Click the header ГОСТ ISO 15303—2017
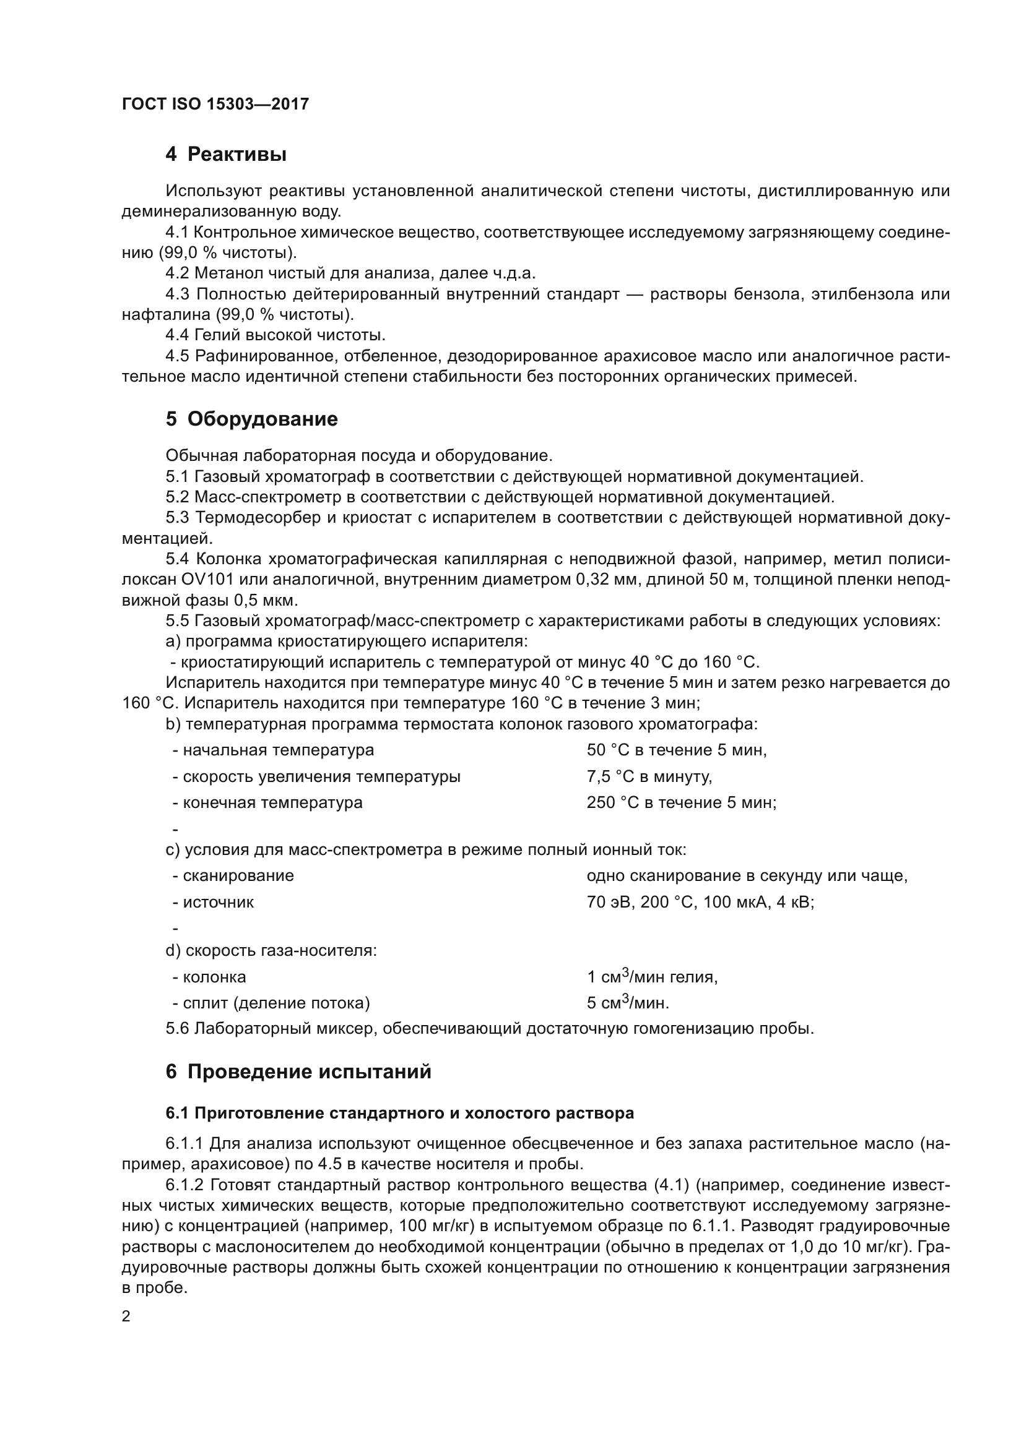215,104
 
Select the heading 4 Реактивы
226,155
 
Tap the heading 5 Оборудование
251,419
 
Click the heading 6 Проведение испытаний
298,1072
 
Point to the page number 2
126,1316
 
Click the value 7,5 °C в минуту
649,776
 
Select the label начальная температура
277,750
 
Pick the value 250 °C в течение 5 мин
681,803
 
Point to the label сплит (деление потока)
276,1003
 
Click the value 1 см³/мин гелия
652,977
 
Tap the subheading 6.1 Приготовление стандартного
399,1114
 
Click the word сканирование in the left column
238,876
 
